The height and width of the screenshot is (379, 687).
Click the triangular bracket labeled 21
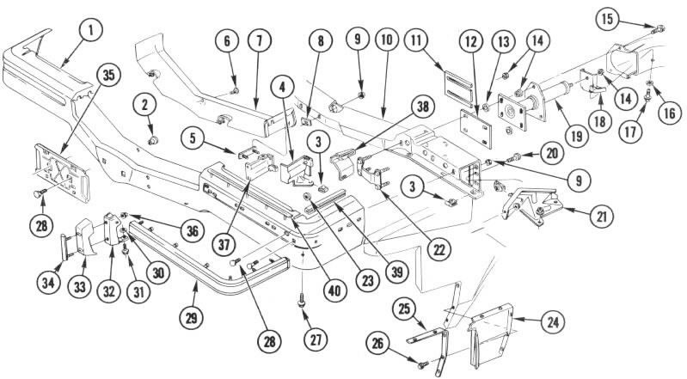(526, 204)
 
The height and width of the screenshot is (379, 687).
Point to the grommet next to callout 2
(152, 137)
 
